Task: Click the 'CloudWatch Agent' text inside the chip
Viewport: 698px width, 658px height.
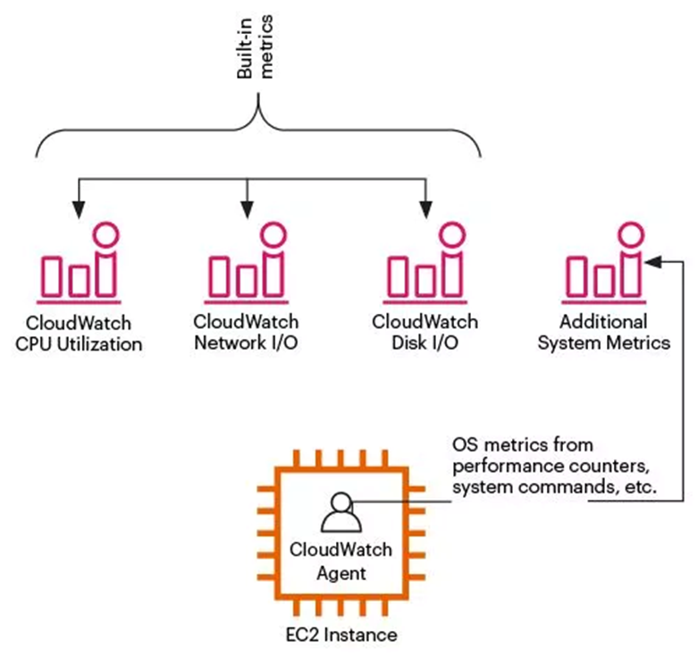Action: (341, 561)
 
